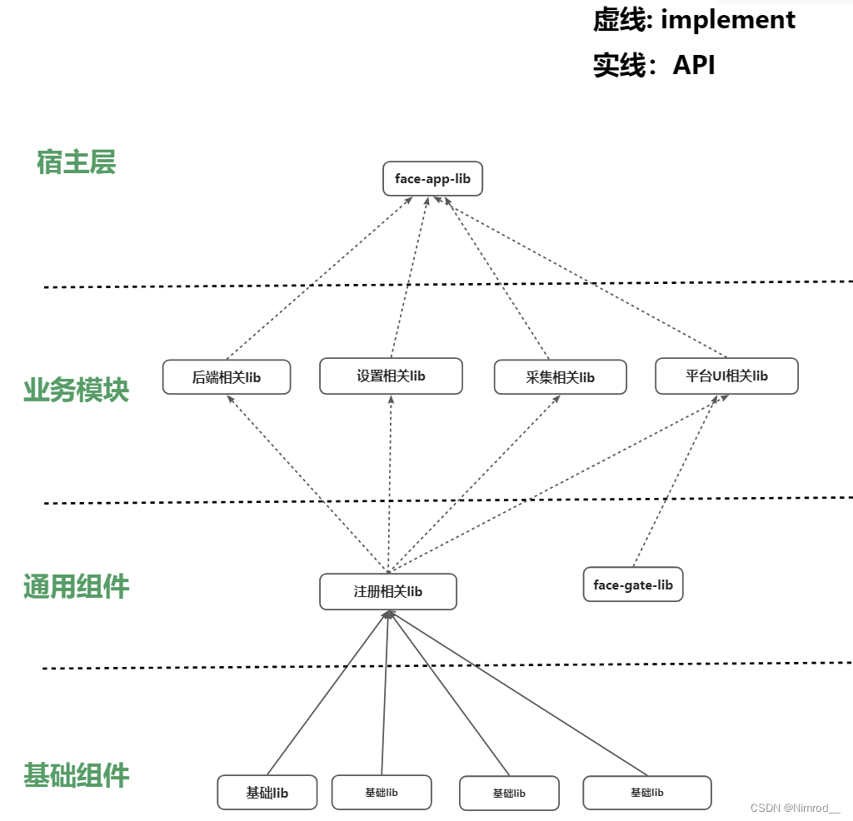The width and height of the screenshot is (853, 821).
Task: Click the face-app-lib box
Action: (x=432, y=179)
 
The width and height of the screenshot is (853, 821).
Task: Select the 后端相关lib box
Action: (x=227, y=377)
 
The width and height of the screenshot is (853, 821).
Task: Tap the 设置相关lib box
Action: (x=391, y=376)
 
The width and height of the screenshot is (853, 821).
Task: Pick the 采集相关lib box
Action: (x=560, y=377)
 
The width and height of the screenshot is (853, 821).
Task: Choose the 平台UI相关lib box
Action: (x=726, y=376)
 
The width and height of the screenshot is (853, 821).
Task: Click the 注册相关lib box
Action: (x=388, y=591)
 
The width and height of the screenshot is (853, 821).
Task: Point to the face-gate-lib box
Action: (x=633, y=585)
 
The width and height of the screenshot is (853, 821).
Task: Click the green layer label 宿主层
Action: (x=76, y=162)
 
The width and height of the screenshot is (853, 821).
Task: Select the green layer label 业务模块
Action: (x=76, y=390)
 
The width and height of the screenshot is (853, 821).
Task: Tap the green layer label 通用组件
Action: (x=76, y=587)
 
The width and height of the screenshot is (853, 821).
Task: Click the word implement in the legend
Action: (x=728, y=20)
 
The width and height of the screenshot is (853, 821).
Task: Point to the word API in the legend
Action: (x=694, y=65)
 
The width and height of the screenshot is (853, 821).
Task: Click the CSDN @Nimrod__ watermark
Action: (x=796, y=809)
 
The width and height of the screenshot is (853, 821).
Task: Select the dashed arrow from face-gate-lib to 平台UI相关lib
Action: (x=675, y=483)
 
